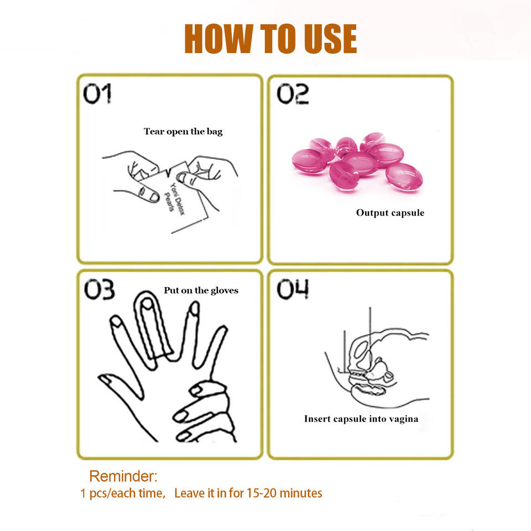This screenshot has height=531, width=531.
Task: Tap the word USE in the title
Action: tap(330, 39)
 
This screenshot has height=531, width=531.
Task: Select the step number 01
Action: tap(97, 93)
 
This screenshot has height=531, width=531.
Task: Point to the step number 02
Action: tap(293, 93)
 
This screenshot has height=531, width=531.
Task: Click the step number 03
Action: tap(99, 289)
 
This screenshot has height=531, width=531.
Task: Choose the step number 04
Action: tap(293, 289)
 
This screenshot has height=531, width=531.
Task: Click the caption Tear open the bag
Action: tap(183, 132)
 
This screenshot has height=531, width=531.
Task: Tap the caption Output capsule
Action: tap(390, 212)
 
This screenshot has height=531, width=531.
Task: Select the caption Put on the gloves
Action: tap(201, 290)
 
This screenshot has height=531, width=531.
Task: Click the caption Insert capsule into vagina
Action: tap(361, 419)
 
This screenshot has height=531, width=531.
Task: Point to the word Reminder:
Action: tap(123, 476)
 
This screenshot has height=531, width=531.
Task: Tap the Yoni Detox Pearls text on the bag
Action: tap(174, 198)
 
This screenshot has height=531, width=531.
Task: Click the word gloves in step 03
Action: tap(225, 291)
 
